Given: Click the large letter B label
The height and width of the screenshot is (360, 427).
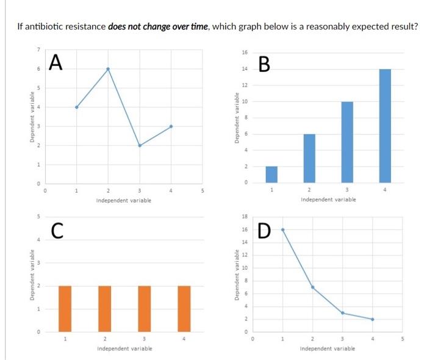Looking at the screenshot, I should click(264, 64).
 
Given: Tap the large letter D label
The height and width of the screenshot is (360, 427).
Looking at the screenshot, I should click(264, 231).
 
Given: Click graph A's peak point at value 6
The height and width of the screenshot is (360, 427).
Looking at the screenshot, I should click(108, 69).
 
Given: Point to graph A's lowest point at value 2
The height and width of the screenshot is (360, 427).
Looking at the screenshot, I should click(140, 146).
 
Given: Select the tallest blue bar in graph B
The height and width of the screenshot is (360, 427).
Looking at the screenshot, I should click(384, 125).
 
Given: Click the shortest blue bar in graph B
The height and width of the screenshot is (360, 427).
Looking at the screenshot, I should click(271, 174).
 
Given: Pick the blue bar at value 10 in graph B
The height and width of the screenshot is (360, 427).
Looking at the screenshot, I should click(346, 142).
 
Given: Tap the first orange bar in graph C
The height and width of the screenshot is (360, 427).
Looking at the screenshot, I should click(65, 309).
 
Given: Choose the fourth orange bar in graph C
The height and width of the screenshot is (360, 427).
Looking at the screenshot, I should click(184, 309).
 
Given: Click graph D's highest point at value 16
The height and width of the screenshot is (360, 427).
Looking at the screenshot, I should click(282, 229).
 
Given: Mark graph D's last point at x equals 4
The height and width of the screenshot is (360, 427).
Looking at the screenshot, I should click(372, 319).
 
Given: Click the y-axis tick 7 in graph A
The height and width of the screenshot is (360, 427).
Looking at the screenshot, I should click(37, 49).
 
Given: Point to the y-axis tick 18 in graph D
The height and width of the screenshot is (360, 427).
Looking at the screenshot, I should click(245, 217).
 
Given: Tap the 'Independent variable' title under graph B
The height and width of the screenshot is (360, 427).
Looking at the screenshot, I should click(328, 200).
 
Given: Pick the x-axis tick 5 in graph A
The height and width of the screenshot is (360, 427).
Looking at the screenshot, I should click(203, 190).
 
